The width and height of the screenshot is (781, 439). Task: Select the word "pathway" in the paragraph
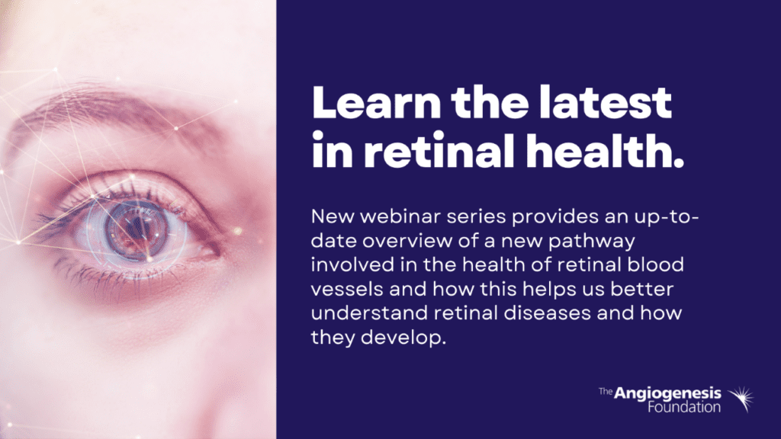pyautogui.click(x=592, y=242)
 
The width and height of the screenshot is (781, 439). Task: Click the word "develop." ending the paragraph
pyautogui.click(x=403, y=338)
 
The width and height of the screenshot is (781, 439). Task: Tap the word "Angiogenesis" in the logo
pyautogui.click(x=667, y=394)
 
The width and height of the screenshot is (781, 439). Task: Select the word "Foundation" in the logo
pyautogui.click(x=684, y=407)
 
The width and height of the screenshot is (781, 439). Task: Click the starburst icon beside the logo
pyautogui.click(x=741, y=399)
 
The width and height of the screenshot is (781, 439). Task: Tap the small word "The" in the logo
pyautogui.click(x=605, y=392)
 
